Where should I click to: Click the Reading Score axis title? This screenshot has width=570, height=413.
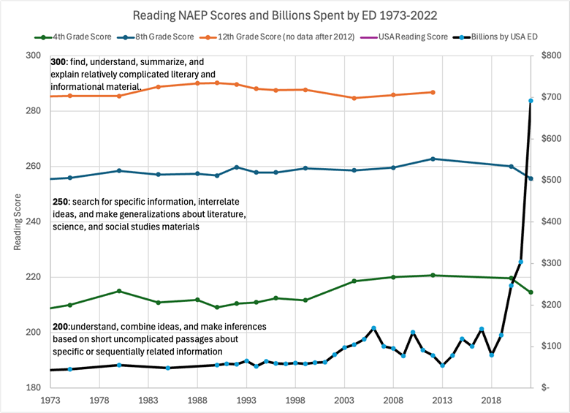point(18,221)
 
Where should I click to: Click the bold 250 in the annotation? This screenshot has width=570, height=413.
point(61,201)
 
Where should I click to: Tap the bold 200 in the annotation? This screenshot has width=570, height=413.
point(61,326)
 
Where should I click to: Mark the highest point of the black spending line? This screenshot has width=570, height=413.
point(531,101)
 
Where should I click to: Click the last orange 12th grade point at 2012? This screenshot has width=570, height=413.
point(433,92)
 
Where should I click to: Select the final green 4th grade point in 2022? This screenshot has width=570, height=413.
point(531,292)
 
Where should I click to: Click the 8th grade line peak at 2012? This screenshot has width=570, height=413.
point(433,159)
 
